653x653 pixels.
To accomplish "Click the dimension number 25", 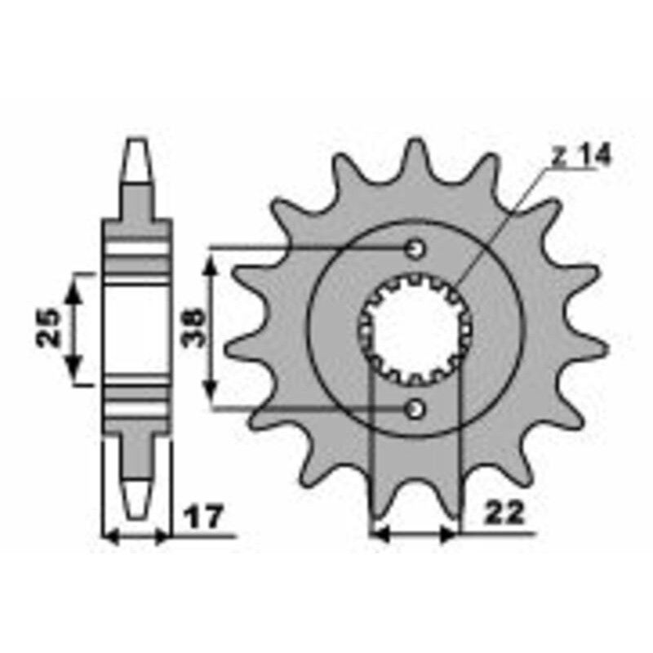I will [x=51, y=328].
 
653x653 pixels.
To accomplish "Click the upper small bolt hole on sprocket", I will [x=416, y=247].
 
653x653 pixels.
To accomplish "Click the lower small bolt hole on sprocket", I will [x=416, y=406].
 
